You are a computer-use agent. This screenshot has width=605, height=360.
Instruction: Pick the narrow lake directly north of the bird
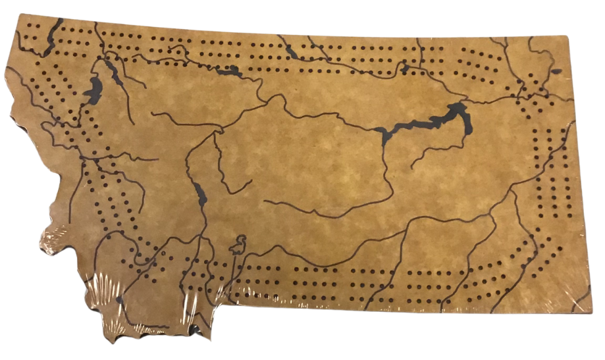[200, 193]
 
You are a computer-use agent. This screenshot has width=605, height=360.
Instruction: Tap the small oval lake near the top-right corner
[556, 71]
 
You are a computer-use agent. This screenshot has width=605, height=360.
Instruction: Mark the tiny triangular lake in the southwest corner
[119, 300]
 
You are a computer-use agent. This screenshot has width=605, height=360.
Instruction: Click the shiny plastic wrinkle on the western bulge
[56, 234]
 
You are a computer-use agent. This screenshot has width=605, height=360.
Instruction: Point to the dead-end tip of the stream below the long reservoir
[411, 168]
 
